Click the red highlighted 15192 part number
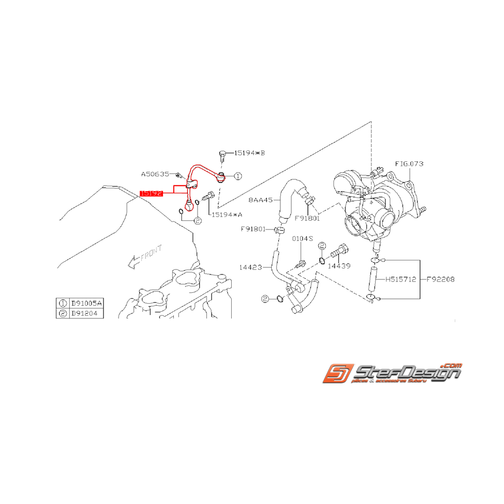pos(152,193)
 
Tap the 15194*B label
pos(250,153)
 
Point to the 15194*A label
pos(226,215)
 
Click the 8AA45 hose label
pos(261,199)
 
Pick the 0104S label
pos(303,238)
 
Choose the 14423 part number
pos(251,267)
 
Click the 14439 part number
pos(339,266)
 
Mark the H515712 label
pos(401,280)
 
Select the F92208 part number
pos(440,280)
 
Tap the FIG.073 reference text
pos(409,163)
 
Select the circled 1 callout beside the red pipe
pos(238,176)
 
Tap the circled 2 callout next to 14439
pos(321,246)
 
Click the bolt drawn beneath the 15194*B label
pos(222,156)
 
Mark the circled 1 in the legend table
pos(63,304)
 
